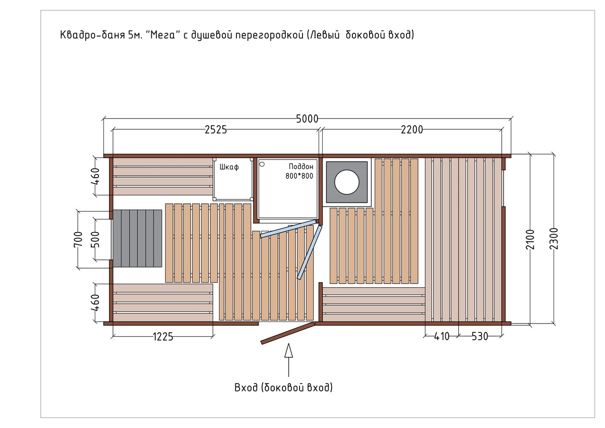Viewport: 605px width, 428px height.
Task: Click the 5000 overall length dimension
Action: (307, 119)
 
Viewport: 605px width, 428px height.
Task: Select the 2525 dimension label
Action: (216, 130)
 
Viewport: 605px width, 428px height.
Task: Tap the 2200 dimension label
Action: (412, 130)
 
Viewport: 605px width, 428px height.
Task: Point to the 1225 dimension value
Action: (163, 337)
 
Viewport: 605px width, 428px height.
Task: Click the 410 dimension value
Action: (442, 337)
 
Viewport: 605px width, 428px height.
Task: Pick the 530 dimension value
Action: (480, 337)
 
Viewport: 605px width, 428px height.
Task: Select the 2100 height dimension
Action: (530, 239)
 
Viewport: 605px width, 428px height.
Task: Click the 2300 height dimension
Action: (554, 239)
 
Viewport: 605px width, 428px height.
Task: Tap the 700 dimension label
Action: (78, 240)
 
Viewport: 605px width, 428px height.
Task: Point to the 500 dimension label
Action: (96, 240)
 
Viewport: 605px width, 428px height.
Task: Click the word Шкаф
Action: (229, 168)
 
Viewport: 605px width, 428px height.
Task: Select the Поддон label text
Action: (301, 166)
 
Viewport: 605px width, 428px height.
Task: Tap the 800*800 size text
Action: (299, 176)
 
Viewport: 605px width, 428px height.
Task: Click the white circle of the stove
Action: (347, 182)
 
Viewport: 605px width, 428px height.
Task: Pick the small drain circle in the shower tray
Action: (262, 164)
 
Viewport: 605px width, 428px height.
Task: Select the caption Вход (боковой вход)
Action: (283, 388)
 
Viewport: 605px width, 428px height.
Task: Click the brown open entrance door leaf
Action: (288, 333)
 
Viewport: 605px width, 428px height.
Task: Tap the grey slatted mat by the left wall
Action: (137, 238)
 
